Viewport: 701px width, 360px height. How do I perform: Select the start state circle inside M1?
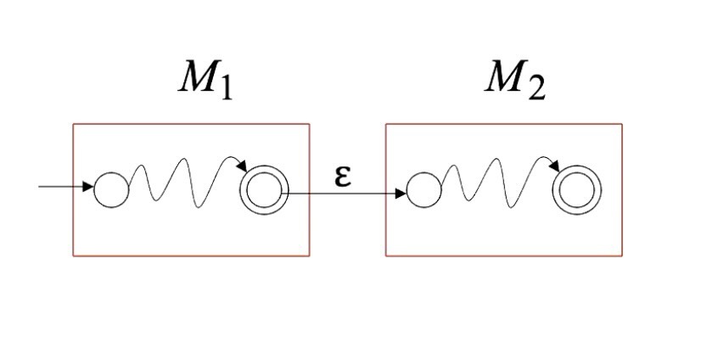click(x=111, y=188)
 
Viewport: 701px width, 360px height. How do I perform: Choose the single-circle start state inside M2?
click(x=424, y=189)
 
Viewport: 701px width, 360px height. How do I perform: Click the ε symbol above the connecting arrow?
click(x=343, y=176)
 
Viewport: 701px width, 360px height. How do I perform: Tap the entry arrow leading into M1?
click(x=64, y=186)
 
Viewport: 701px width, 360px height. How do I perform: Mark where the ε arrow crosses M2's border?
click(x=386, y=194)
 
